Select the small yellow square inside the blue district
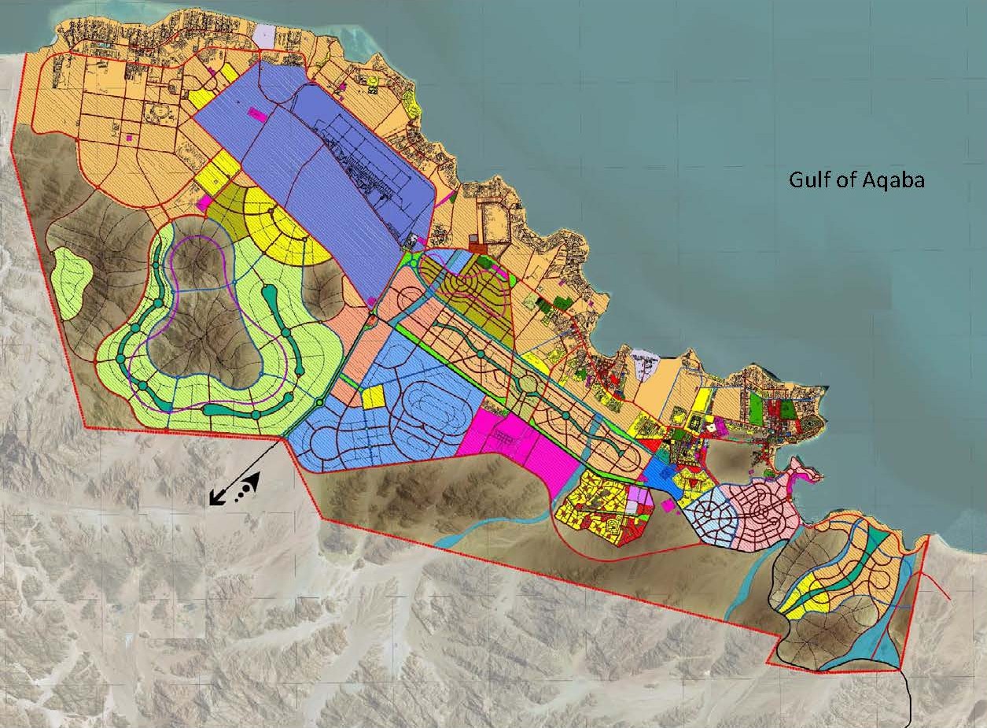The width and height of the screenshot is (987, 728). pyautogui.click(x=373, y=397)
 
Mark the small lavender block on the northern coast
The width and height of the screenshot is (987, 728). pyautogui.click(x=265, y=35)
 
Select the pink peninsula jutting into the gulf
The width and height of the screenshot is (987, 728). pyautogui.click(x=802, y=475)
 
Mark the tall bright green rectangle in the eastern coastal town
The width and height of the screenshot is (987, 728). pyautogui.click(x=757, y=409)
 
